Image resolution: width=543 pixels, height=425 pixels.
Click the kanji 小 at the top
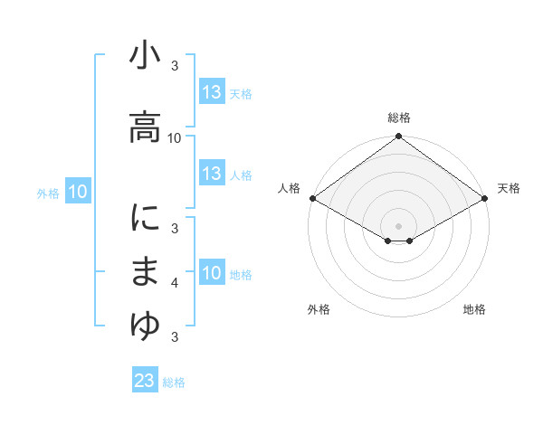point(145,58)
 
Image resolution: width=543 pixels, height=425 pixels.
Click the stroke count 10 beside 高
point(175,137)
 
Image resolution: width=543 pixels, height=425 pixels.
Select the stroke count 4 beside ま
point(175,283)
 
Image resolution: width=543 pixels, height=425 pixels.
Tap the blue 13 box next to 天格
point(212,92)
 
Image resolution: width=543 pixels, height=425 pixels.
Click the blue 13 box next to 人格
point(212,174)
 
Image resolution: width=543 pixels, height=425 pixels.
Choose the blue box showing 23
point(144,381)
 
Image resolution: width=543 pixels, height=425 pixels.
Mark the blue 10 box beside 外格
point(78,192)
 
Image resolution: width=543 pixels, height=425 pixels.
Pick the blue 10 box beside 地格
point(212,273)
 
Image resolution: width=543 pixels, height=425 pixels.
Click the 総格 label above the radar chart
point(399,118)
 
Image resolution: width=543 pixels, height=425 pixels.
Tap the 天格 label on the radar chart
point(509,188)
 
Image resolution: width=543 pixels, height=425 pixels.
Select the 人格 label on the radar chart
point(289,188)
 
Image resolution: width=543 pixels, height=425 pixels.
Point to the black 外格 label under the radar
point(319,309)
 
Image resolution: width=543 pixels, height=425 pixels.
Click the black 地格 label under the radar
point(474,309)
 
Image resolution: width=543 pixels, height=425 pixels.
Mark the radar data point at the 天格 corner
point(486,198)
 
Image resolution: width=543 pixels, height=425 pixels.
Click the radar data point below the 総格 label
point(398,137)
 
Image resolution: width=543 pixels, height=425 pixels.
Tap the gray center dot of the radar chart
point(398,225)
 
